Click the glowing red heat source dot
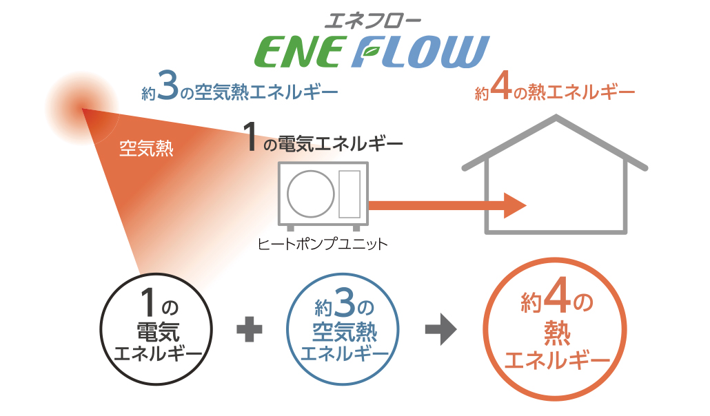(x=81, y=109)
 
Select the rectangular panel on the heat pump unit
(x=349, y=192)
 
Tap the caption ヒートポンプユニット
(x=322, y=244)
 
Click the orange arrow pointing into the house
(x=447, y=205)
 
